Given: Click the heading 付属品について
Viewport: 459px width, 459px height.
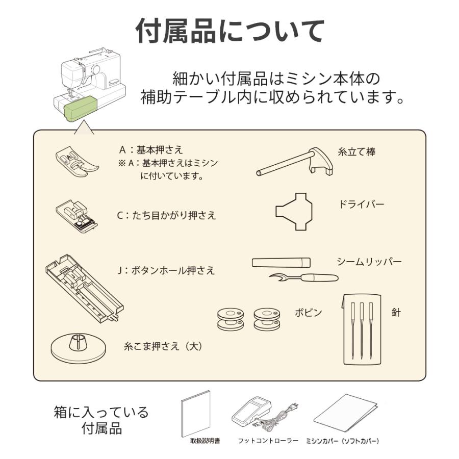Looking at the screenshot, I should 229,32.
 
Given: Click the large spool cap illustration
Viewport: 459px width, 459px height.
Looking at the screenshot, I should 78,346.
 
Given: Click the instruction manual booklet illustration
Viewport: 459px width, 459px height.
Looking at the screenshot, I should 196,414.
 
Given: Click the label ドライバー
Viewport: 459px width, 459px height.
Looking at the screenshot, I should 361,205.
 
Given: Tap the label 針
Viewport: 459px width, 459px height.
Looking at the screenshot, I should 396,313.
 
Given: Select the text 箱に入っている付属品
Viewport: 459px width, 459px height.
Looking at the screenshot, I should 101,420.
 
